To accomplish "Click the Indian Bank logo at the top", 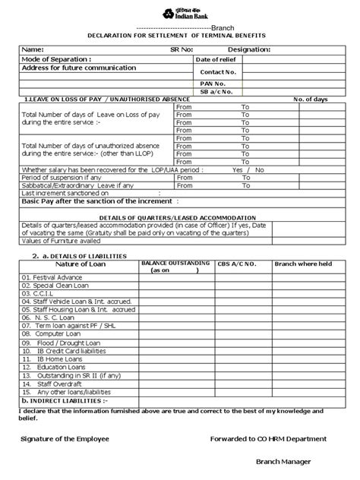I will click(x=179, y=12).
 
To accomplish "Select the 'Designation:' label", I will click(x=247, y=49).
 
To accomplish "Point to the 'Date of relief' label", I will click(x=217, y=59).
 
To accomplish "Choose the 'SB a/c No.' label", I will click(x=216, y=91).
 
